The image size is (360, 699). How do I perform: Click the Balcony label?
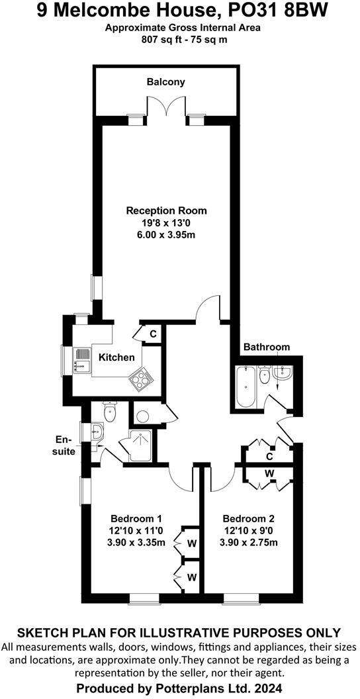165,82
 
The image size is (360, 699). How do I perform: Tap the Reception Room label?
166,210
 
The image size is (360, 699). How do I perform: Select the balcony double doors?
166,107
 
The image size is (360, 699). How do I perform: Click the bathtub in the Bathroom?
245,387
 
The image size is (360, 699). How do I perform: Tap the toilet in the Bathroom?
265,375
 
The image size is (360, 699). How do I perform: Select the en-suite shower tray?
140,445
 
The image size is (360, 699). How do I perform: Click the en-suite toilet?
109,412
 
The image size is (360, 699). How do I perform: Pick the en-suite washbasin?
97,431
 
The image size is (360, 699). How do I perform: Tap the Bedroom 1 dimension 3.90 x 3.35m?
136,543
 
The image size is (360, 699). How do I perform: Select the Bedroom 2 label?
249,519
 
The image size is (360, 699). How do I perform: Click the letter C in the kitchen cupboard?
152,334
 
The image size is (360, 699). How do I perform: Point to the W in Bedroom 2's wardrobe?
269,473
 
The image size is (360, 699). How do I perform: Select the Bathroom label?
267,347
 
